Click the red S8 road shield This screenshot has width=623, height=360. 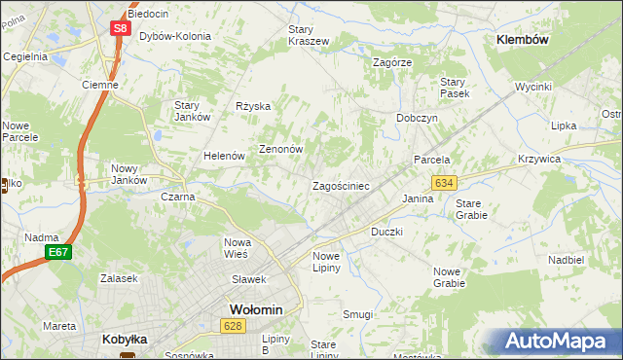pos(119,28)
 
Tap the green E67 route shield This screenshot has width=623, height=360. pos(57,253)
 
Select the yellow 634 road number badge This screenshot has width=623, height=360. pos(445,183)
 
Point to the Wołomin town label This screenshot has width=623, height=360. pos(256,309)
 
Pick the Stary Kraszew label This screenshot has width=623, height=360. pos(309,35)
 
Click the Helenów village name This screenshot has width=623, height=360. pos(223,156)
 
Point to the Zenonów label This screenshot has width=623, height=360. pos(281,150)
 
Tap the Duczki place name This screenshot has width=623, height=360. pos(387,233)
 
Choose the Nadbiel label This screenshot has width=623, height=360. pos(566,261)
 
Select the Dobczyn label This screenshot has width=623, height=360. pos(417,117)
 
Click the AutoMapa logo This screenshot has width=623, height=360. pos(556,341)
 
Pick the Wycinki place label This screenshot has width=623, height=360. pos(533,87)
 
